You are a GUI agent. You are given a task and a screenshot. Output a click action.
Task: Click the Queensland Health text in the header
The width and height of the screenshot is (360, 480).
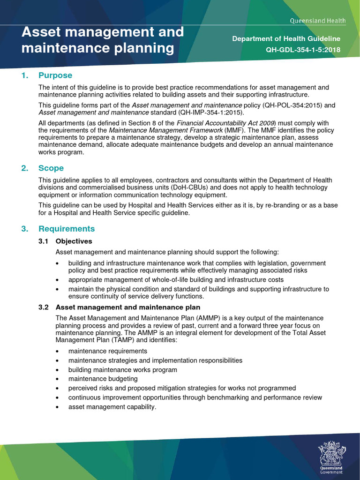click(x=318, y=21)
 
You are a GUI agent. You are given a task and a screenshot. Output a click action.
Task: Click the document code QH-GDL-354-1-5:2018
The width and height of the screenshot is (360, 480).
click(x=303, y=50)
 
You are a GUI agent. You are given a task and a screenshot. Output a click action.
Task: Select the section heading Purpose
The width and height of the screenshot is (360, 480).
click(x=55, y=75)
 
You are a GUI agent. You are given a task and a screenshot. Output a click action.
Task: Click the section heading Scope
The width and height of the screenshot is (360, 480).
click(x=51, y=168)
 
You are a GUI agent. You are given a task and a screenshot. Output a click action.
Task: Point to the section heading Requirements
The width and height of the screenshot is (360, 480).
click(x=67, y=229)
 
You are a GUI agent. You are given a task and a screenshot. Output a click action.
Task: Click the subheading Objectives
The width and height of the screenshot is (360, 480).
click(x=74, y=241)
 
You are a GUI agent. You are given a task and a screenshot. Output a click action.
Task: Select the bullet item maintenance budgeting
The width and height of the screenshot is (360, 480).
click(x=103, y=379)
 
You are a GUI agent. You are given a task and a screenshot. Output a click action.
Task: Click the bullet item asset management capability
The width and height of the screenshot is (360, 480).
click(x=112, y=407)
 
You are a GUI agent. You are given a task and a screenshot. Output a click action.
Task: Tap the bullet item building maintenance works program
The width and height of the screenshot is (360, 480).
click(x=123, y=369)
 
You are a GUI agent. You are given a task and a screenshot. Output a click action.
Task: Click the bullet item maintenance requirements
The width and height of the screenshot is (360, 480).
click(x=108, y=351)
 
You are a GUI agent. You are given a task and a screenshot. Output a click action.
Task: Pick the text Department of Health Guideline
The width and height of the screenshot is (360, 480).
click(x=286, y=39)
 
